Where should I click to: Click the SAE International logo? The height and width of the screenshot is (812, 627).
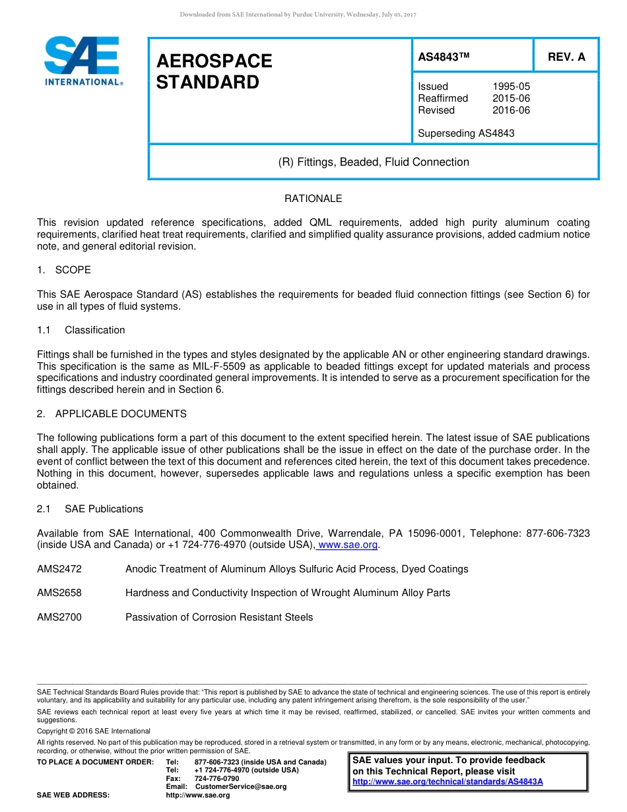[82, 61]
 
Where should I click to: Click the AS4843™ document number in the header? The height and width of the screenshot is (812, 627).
[444, 57]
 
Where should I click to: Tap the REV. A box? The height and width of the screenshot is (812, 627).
[566, 57]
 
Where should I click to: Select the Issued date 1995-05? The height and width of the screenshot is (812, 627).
[511, 86]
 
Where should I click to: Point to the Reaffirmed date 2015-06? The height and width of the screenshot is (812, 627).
[511, 98]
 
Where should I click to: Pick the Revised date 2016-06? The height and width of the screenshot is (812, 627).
[511, 110]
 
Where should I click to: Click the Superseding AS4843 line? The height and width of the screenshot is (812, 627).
[466, 133]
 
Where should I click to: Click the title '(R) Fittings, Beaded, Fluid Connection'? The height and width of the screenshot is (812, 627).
[374, 162]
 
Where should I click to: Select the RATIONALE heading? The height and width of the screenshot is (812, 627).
[313, 199]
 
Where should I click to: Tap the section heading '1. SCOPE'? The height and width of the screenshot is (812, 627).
[64, 270]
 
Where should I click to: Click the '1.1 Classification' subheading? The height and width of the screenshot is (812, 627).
[81, 330]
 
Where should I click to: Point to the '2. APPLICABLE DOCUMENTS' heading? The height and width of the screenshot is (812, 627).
[112, 414]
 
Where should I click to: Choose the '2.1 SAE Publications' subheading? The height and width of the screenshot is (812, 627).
[90, 509]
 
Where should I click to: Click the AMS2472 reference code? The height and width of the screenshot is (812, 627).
[59, 569]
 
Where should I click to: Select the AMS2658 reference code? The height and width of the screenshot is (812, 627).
[59, 593]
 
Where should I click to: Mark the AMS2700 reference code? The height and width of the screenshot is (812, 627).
[59, 617]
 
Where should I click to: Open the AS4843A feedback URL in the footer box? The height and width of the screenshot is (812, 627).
[447, 782]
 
